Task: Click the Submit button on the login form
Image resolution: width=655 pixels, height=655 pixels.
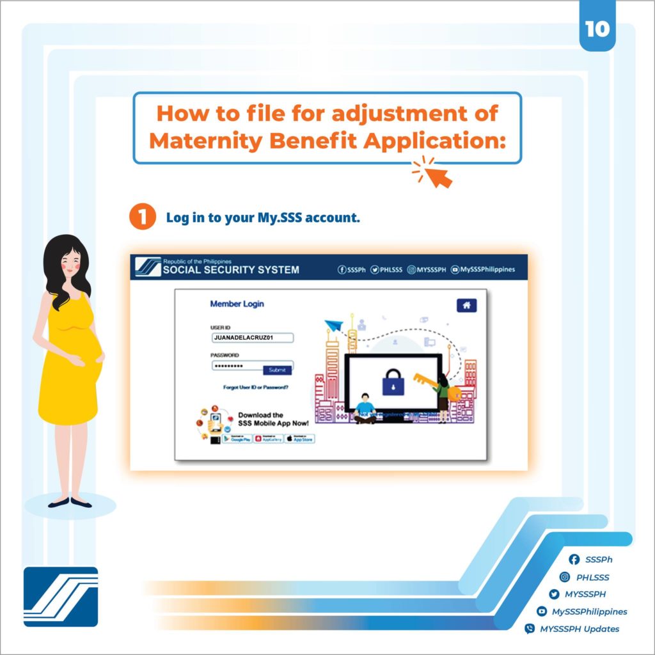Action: coord(277,370)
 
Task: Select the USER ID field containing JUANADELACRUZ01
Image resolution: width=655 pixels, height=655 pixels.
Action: coord(252,338)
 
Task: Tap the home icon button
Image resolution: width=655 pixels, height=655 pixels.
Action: coord(466,306)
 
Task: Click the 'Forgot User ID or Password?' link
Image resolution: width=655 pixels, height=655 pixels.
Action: coord(256,388)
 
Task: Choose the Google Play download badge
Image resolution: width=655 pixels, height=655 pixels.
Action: coord(237,439)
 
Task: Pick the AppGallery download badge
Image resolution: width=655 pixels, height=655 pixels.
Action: coord(269,439)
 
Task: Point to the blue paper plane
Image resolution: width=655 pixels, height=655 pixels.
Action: coord(333,326)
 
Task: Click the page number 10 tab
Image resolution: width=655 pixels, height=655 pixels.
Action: coord(597,30)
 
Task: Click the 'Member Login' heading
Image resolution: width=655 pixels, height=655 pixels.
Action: coord(237,304)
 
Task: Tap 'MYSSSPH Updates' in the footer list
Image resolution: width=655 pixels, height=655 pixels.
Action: coord(579,629)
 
